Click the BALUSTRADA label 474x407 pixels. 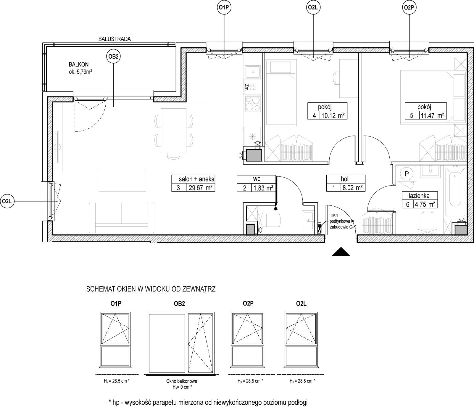[115, 39]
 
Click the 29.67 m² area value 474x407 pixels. [200, 188]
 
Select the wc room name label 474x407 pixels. [257, 179]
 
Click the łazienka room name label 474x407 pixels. [419, 195]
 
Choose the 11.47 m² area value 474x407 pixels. [432, 115]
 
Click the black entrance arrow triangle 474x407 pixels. [341, 251]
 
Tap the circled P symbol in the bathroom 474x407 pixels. [407, 174]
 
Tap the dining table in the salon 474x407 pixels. [173, 131]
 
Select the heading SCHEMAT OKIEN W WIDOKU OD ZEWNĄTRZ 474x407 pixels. [151, 289]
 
